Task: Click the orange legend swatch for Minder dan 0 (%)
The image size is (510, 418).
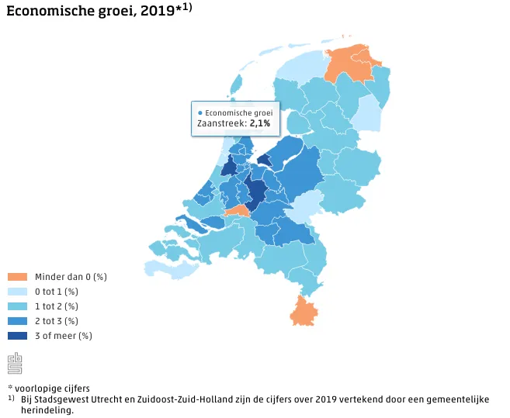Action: click(17, 277)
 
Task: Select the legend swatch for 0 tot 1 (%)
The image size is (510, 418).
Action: click(17, 292)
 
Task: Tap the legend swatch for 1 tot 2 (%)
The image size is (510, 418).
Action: click(17, 306)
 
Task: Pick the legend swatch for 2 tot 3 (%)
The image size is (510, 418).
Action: click(17, 321)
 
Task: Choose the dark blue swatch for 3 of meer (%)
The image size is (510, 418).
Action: click(17, 336)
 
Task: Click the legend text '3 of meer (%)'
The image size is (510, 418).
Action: click(64, 336)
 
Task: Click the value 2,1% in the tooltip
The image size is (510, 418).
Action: click(259, 123)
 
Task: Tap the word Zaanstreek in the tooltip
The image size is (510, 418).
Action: click(221, 123)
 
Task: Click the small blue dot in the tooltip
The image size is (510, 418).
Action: click(200, 113)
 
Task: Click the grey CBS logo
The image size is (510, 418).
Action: click(15, 362)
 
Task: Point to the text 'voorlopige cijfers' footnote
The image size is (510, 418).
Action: click(52, 388)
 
